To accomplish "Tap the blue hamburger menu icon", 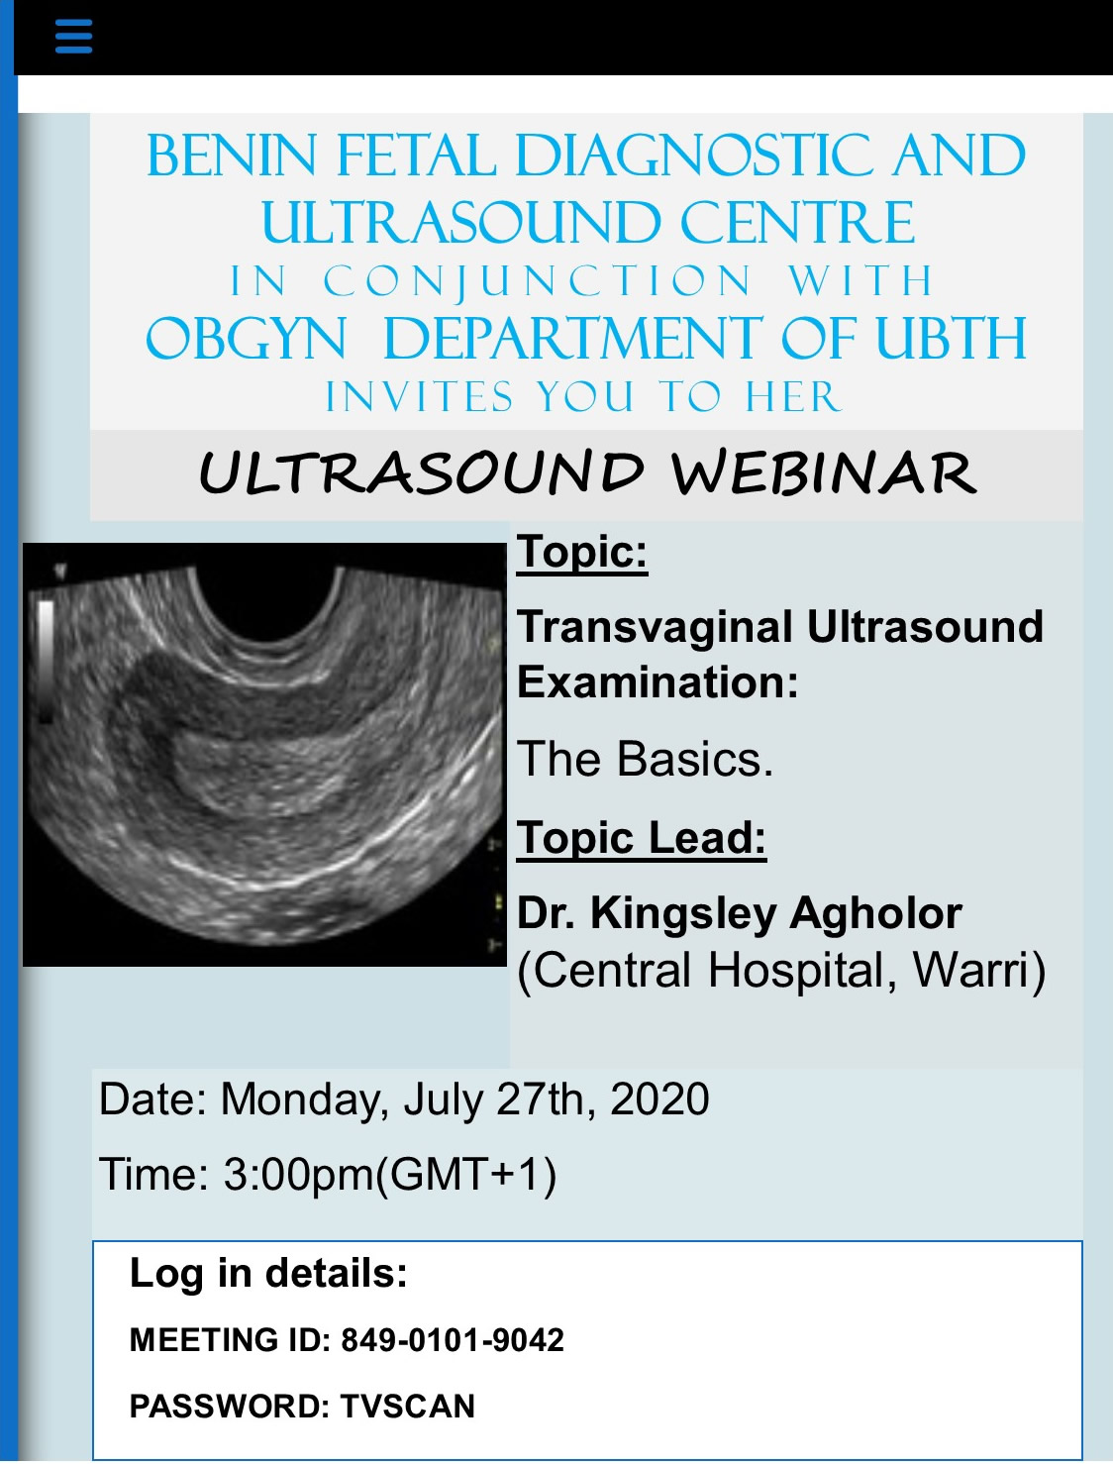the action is coord(74,36).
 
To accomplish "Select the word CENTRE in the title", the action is coord(798,222).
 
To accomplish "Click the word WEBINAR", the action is coord(824,472).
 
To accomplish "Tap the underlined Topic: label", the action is coord(582,553).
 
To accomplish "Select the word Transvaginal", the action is coord(655,628).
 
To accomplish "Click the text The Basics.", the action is coord(646,759).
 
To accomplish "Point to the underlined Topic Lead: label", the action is coord(642,838).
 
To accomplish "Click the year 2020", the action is coord(659,1099).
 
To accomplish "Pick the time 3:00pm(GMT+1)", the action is coord(390,1175).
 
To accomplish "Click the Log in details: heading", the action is coord(268,1273).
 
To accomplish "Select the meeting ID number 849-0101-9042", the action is coord(453,1340).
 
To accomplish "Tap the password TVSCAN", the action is coord(408,1407).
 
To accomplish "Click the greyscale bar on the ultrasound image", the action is coord(46,661).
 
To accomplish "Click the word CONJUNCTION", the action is coord(538,281).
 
